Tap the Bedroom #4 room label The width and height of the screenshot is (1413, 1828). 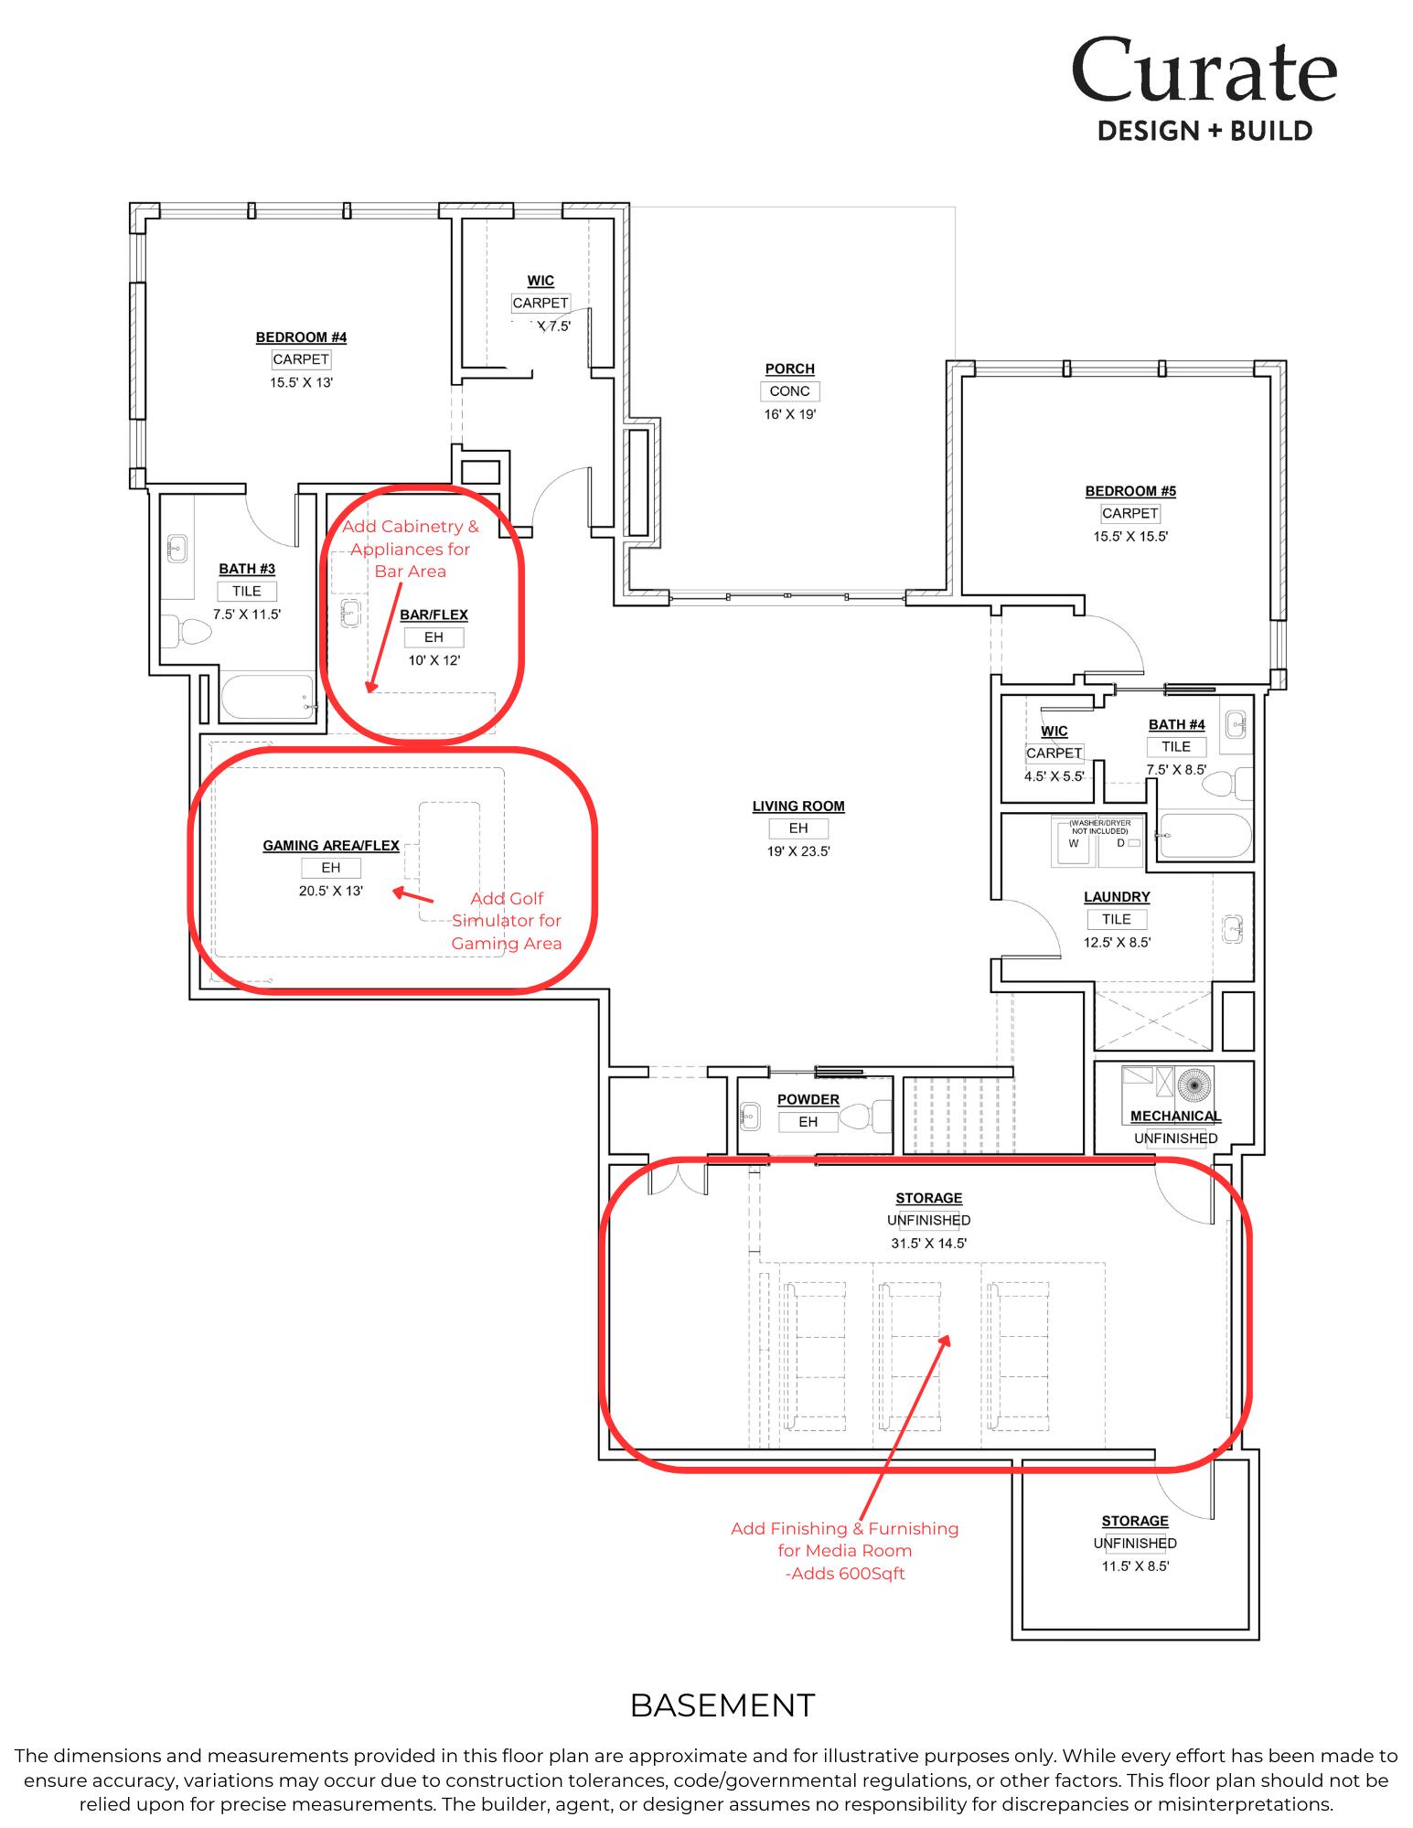301,337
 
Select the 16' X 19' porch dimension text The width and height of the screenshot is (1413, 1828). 789,414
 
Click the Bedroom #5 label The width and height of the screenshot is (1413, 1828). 1130,491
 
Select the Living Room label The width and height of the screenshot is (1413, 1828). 798,806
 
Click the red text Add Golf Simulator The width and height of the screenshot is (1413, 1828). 507,920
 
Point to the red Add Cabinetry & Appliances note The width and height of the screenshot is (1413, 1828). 410,549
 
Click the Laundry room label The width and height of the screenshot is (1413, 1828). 1117,897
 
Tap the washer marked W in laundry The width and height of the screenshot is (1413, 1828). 1074,844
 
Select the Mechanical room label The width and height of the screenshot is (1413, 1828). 1175,1116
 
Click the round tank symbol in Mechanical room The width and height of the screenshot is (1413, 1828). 1194,1085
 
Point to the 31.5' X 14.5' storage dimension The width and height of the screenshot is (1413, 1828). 928,1243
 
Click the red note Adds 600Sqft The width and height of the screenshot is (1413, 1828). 844,1574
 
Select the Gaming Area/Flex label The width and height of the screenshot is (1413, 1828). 331,845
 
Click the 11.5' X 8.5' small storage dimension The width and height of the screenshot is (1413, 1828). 1135,1566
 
